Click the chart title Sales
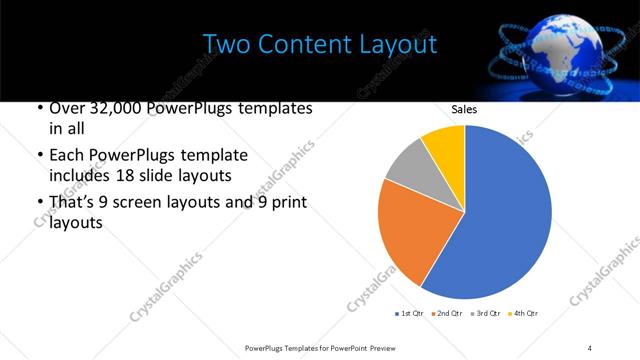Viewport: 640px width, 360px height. (464, 108)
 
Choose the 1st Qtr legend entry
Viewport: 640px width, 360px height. (411, 314)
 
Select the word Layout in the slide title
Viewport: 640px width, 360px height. (400, 45)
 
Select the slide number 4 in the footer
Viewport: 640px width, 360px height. (590, 347)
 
